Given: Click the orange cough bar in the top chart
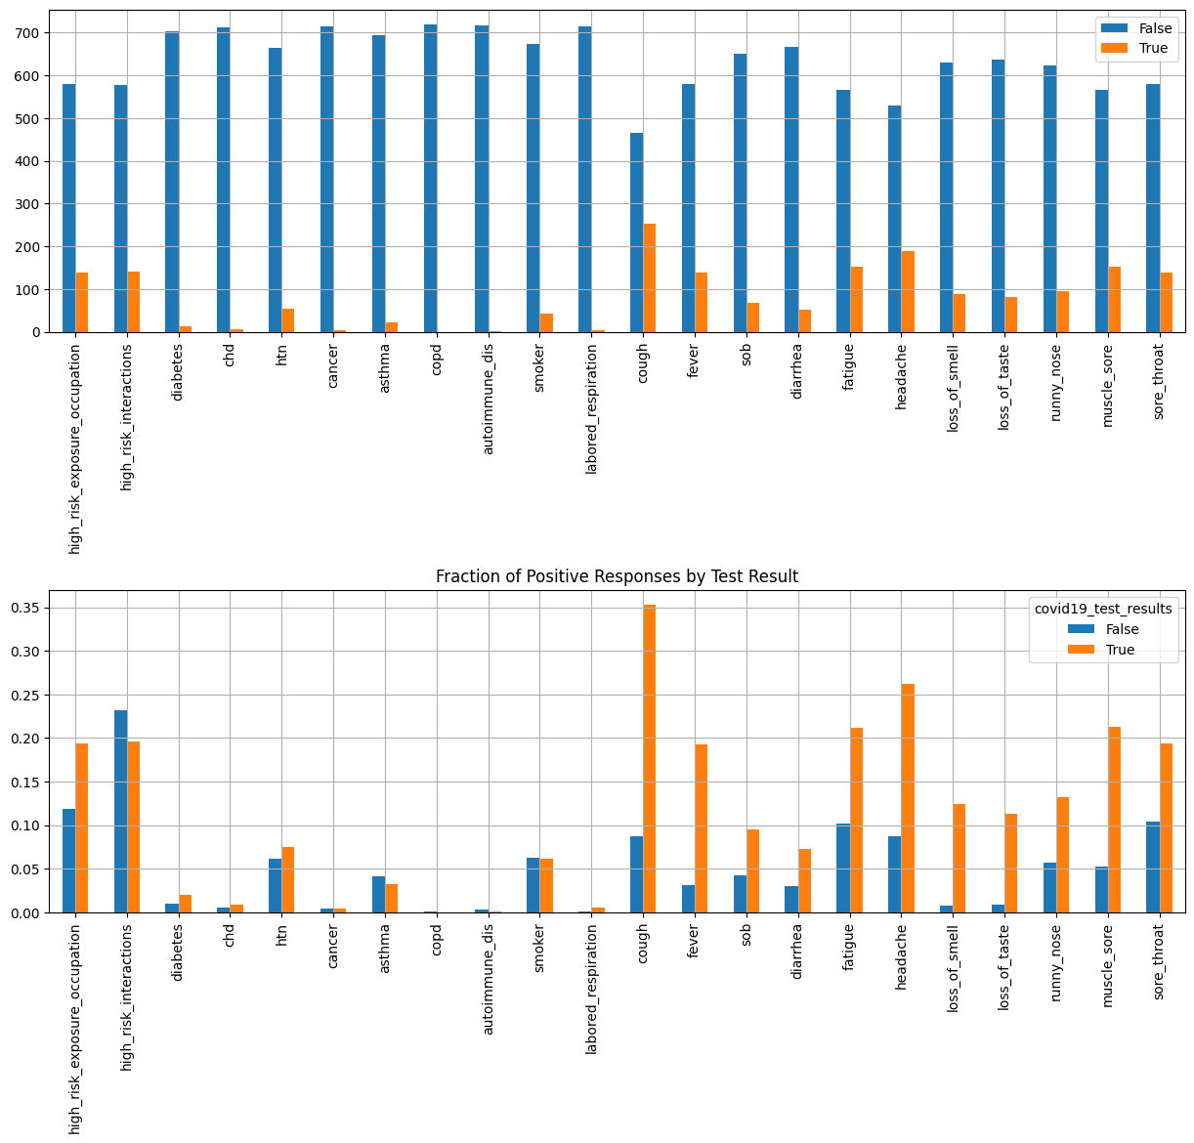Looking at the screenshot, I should pos(650,278).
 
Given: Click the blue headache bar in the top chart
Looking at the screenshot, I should pos(894,219).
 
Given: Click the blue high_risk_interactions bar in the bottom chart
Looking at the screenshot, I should pos(120,811).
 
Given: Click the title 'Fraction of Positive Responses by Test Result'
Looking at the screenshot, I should pos(617,576).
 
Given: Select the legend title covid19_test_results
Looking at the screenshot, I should pos(1103,609).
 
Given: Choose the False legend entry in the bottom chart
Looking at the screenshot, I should pos(1122,629).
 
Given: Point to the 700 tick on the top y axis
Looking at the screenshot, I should pos(27,33).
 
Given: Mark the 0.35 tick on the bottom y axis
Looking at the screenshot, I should pos(23,608).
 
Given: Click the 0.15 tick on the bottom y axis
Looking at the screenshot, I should pos(23,782).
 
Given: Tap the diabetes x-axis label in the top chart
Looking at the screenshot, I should pos(178,370).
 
